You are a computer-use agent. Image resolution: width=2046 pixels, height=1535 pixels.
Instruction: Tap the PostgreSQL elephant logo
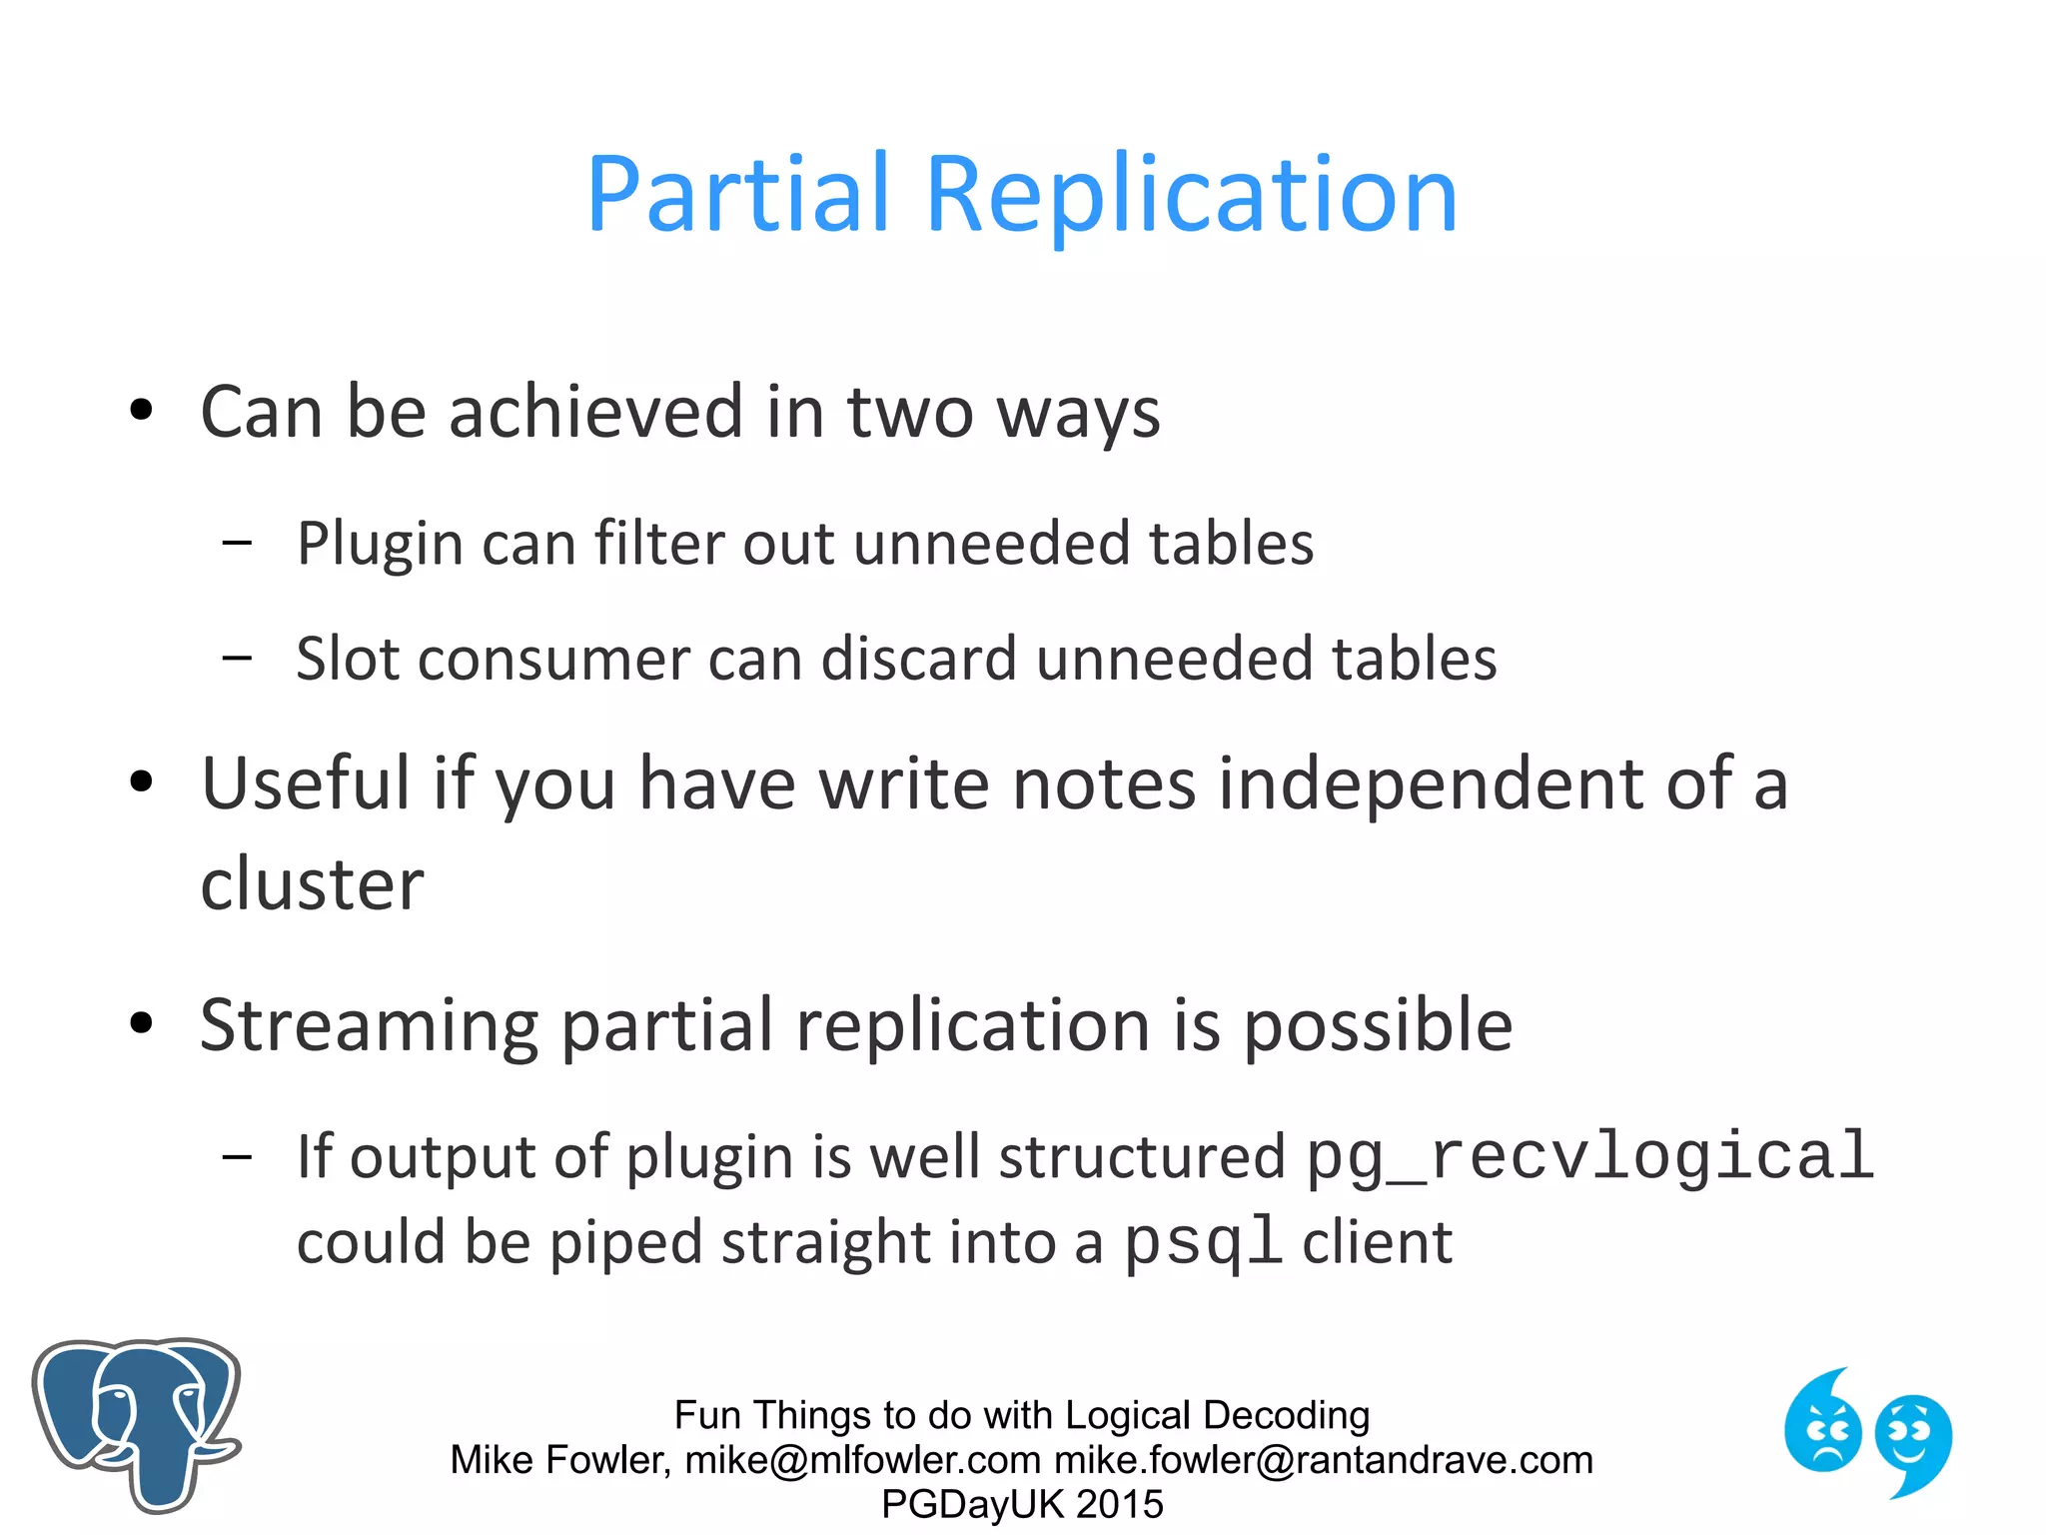point(137,1423)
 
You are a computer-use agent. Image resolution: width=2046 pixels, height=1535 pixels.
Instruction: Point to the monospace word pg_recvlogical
point(1590,1157)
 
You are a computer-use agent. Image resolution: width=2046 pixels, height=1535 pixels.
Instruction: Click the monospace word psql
point(1203,1242)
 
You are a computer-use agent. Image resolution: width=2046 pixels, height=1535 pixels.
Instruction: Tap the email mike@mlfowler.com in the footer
point(863,1460)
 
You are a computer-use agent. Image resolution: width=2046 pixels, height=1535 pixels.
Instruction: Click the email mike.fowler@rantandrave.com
point(1324,1460)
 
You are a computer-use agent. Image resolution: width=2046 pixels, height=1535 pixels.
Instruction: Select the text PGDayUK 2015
point(1022,1504)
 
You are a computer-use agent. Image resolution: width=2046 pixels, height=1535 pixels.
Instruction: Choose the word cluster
point(312,885)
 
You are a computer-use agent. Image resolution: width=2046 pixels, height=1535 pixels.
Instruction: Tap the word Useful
point(305,783)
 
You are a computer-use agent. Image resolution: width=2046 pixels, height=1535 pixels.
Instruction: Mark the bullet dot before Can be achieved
point(141,410)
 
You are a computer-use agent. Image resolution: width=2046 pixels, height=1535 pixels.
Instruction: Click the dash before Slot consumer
point(237,659)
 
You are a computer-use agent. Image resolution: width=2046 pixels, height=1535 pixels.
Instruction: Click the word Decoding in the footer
point(1286,1415)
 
